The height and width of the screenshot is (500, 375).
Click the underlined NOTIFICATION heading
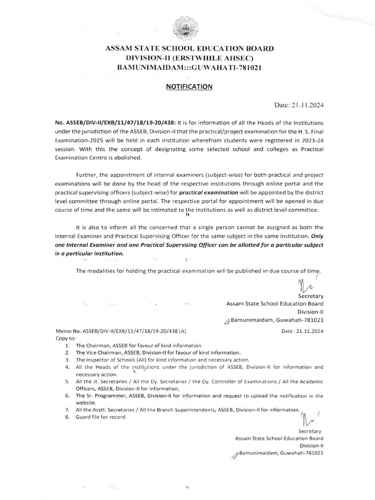(187, 86)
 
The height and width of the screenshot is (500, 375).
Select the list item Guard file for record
(101, 417)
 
